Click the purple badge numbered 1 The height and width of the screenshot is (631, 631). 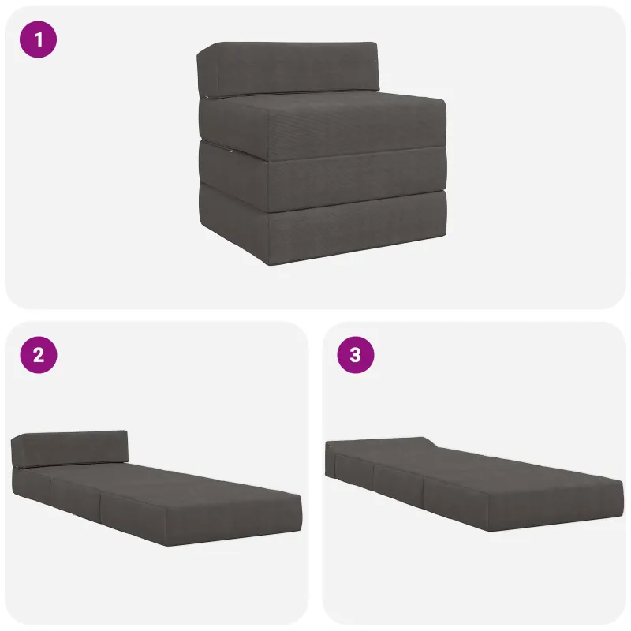click(38, 39)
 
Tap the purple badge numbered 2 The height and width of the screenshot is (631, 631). click(38, 355)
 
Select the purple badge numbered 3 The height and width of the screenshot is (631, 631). click(356, 355)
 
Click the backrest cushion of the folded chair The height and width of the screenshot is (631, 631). click(288, 69)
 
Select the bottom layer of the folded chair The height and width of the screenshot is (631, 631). click(322, 226)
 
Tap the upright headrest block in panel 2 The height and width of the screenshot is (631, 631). click(69, 450)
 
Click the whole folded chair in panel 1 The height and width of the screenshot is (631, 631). click(322, 153)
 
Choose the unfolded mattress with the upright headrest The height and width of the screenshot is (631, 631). click(156, 487)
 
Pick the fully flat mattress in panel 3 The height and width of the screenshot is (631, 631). click(475, 484)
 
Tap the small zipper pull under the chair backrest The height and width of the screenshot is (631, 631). click(206, 96)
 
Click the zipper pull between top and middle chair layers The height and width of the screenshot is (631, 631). click(232, 151)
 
